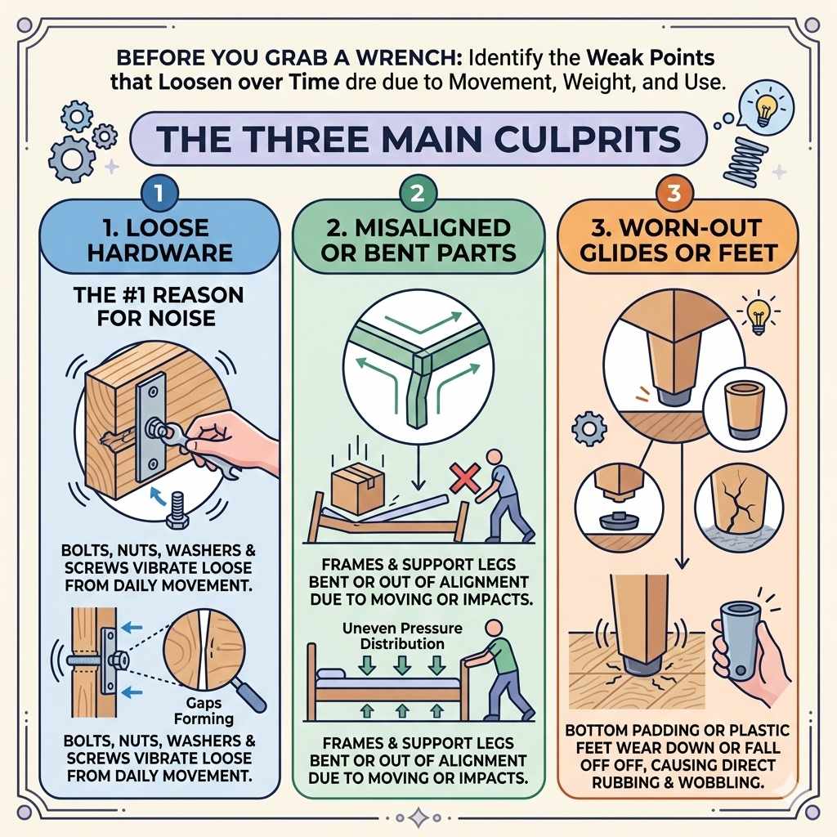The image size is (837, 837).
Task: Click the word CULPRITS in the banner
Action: (x=587, y=139)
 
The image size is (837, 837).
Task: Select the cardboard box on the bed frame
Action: (x=358, y=487)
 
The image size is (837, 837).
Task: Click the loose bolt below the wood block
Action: (x=177, y=511)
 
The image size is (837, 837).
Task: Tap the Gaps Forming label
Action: (x=204, y=710)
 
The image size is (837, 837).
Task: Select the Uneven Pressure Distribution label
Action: (x=402, y=636)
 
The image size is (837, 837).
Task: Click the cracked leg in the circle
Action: (x=739, y=507)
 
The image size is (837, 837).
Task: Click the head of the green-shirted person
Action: (x=495, y=628)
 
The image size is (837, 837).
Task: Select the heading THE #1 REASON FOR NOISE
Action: (x=158, y=307)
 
